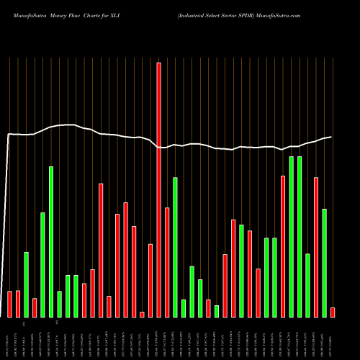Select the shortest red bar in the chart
(x=142, y=314)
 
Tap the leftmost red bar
(x=9, y=304)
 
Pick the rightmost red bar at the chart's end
(x=333, y=312)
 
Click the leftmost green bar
(x=26, y=284)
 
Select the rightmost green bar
(x=324, y=263)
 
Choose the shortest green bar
(x=217, y=311)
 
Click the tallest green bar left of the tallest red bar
(x=51, y=241)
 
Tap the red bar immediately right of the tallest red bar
(x=167, y=262)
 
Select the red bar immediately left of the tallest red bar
(x=150, y=280)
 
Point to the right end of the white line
(x=332, y=136)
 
